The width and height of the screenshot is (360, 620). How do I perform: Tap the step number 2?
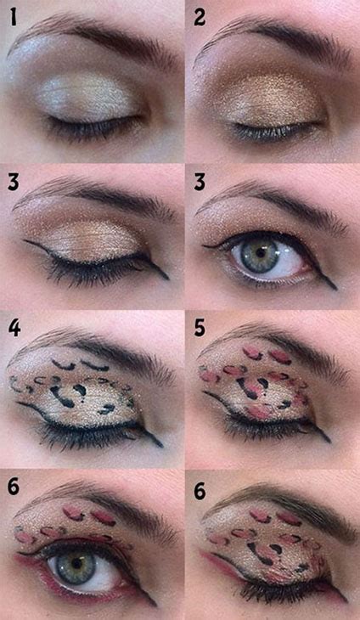tap(201, 17)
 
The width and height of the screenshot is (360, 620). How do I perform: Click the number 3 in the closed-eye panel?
tap(14, 182)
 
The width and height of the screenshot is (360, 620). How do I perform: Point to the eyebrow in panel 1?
tap(93, 34)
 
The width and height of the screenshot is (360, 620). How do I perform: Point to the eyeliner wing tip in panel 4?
tap(161, 445)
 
